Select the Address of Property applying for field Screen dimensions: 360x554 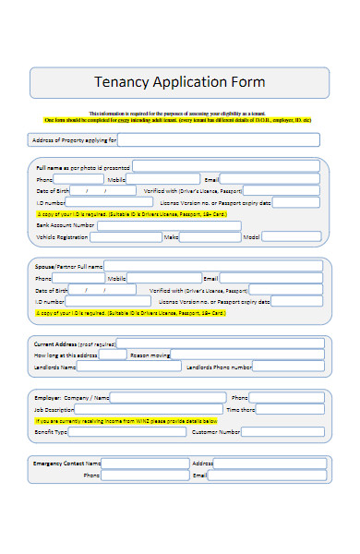[x=219, y=140]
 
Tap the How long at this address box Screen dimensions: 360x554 [x=113, y=355]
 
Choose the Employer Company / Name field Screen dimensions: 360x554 [x=157, y=397]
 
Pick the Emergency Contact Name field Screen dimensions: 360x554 [x=145, y=463]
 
